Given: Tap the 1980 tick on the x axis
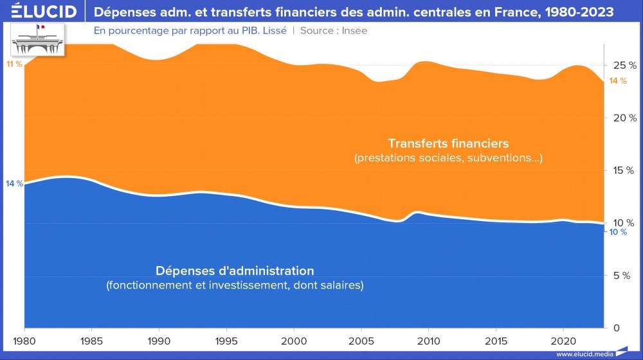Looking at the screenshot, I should (24, 339).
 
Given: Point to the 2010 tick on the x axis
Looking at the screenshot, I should (428, 339).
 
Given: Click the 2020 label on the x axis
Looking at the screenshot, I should (563, 339).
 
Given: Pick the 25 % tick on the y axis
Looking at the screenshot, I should (624, 66).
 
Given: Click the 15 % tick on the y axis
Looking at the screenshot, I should (624, 170).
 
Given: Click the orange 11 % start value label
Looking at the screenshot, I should (14, 64).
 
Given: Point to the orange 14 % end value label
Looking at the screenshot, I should (617, 81).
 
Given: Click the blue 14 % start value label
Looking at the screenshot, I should (14, 184).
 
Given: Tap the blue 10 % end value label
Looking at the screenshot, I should (617, 232).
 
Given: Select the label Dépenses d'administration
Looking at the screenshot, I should (235, 270).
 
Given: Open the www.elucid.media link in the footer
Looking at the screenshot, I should (584, 354).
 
